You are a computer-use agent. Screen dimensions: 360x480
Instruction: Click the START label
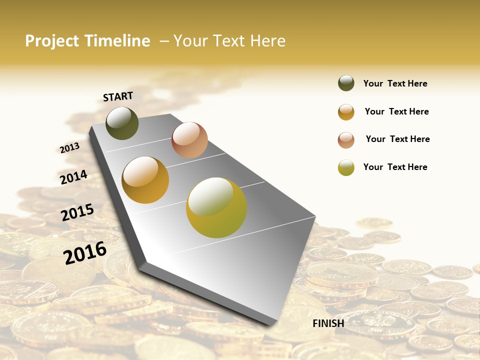[x=118, y=96]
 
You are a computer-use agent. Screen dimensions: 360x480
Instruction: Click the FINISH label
[x=328, y=323]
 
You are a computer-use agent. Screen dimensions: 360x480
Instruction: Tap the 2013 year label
[x=69, y=148]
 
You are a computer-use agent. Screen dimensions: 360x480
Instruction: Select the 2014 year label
[x=73, y=177]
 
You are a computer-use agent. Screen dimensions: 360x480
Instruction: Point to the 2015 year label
[x=77, y=212]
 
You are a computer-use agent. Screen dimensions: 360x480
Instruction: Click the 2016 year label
[x=85, y=252]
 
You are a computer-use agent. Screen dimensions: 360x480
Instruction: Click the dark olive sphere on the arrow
[x=122, y=123]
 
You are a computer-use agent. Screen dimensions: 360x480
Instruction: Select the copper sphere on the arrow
[x=189, y=140]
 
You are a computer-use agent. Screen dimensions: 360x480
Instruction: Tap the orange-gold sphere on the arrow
[x=145, y=180]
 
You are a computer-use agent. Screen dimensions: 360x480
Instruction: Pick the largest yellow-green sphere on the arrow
[x=216, y=207]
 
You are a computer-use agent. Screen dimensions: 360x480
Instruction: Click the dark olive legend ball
[x=346, y=83]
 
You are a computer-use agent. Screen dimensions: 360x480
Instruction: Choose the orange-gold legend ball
[x=346, y=112]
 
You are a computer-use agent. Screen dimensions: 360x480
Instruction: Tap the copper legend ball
[x=346, y=140]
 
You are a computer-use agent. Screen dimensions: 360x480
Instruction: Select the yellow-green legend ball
[x=346, y=167]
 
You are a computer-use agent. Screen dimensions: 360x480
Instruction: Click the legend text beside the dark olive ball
[x=395, y=83]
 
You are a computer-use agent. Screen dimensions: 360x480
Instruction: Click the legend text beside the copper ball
[x=397, y=139]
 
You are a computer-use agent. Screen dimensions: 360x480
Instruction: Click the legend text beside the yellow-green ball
[x=395, y=167]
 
